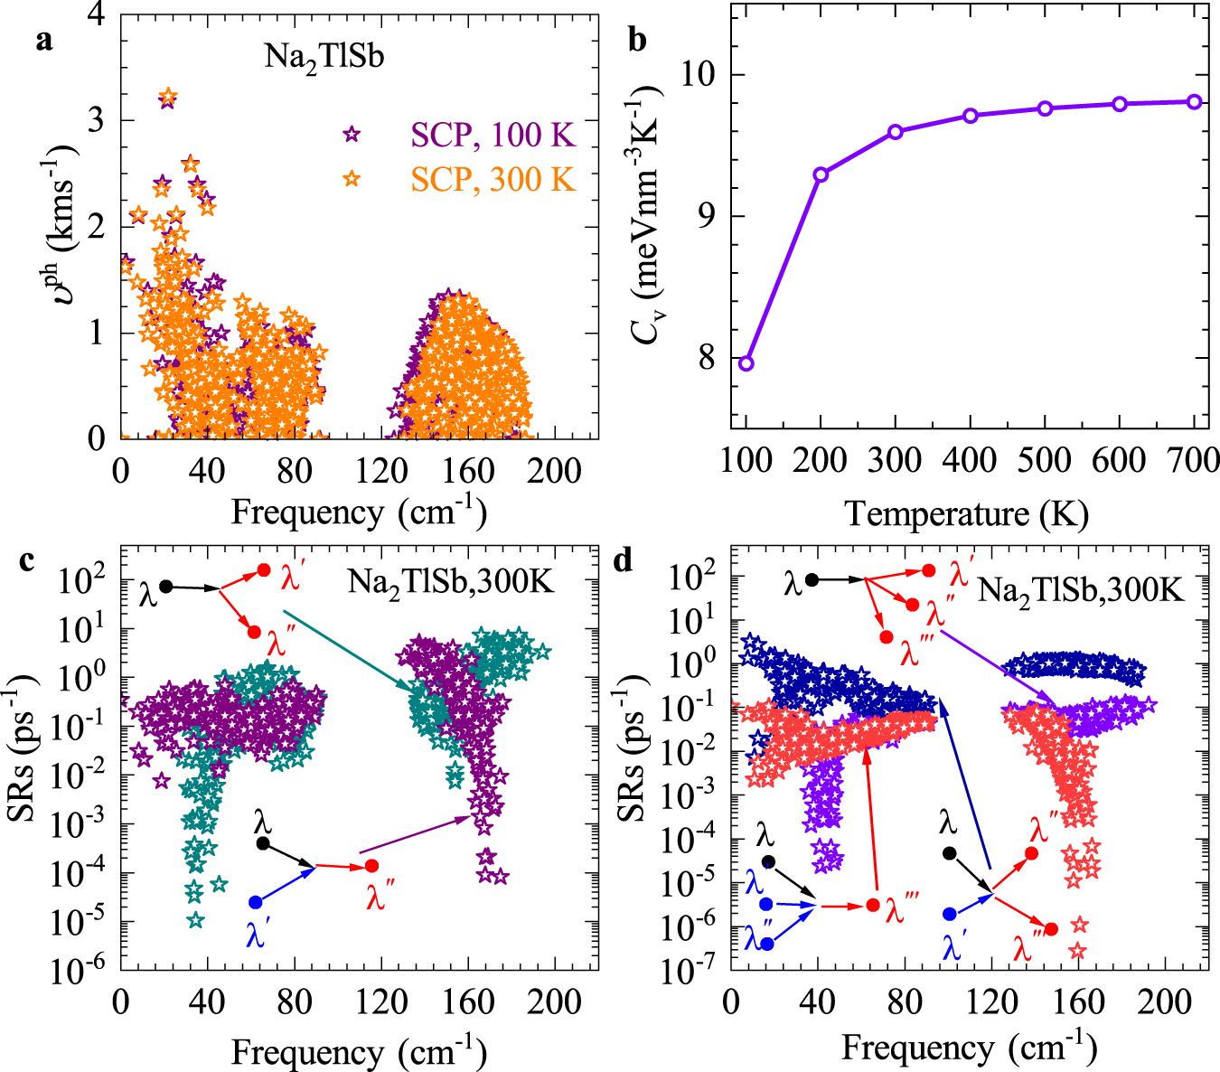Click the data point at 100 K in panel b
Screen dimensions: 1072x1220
(x=746, y=363)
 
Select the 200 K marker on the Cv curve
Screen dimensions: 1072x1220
(x=821, y=174)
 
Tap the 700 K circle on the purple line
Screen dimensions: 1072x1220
(x=1195, y=102)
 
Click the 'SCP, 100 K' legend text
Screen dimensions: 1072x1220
(x=493, y=135)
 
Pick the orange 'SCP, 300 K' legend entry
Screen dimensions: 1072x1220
(x=493, y=179)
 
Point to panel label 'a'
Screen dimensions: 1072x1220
(x=43, y=41)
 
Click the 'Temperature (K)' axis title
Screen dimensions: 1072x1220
(x=966, y=514)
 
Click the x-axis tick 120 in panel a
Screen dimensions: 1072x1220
(x=380, y=470)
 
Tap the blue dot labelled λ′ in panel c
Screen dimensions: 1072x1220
(x=256, y=902)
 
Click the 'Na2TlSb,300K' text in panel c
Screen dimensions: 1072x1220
(x=450, y=583)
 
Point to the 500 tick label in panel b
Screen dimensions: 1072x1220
(x=1044, y=461)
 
